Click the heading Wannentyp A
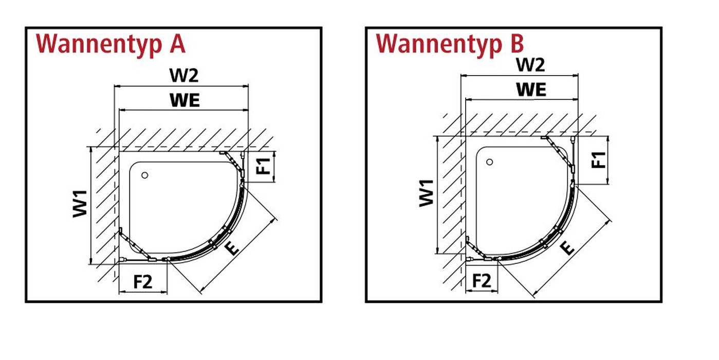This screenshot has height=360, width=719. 110,44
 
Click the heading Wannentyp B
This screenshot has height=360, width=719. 450,44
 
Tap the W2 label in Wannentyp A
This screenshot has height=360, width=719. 184,76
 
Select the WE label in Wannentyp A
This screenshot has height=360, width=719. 185,100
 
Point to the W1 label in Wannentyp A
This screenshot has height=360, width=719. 80,204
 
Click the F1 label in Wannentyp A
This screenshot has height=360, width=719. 264,166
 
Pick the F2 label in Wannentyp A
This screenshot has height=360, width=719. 143,282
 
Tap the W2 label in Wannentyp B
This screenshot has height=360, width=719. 530,65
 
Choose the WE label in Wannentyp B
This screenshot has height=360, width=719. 531,89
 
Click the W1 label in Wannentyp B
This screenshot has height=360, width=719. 427,193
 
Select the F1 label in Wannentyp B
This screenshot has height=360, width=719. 599,160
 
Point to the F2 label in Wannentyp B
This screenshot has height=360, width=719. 482,281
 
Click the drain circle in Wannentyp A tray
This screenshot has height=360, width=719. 145,175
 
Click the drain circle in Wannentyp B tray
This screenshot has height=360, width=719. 489,162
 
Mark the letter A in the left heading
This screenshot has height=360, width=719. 177,44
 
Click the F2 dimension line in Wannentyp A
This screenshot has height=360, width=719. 143,292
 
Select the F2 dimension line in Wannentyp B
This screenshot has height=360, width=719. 482,291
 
